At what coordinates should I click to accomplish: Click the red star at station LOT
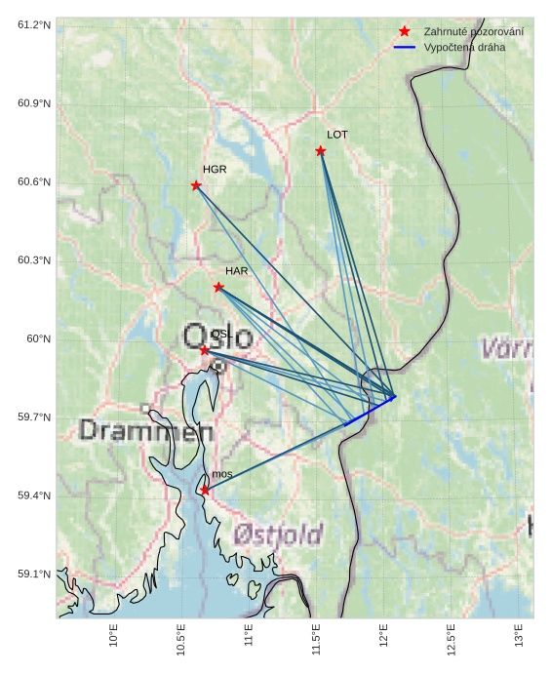point(321,150)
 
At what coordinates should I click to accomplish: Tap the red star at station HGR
point(196,185)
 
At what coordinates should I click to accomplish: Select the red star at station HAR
point(218,287)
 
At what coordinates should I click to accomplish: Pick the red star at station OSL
point(204,349)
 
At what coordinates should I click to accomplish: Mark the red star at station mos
point(205,490)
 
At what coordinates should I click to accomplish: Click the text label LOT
point(336,135)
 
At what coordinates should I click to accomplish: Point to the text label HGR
point(215,170)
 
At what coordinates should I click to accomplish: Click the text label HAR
point(236,270)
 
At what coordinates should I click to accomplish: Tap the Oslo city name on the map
point(217,337)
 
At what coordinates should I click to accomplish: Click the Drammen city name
point(146,430)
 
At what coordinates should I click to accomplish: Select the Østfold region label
point(278,535)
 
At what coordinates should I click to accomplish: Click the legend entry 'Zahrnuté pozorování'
point(473,32)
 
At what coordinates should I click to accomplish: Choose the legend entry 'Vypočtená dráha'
point(464,47)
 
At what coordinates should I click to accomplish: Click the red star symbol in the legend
point(405,31)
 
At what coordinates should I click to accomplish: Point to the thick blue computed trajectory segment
point(370,411)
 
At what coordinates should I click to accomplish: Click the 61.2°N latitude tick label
point(34,24)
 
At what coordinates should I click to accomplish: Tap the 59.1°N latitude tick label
point(34,575)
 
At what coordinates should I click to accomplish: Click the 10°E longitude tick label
point(114,636)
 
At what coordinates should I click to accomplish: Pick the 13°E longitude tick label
point(518,636)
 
